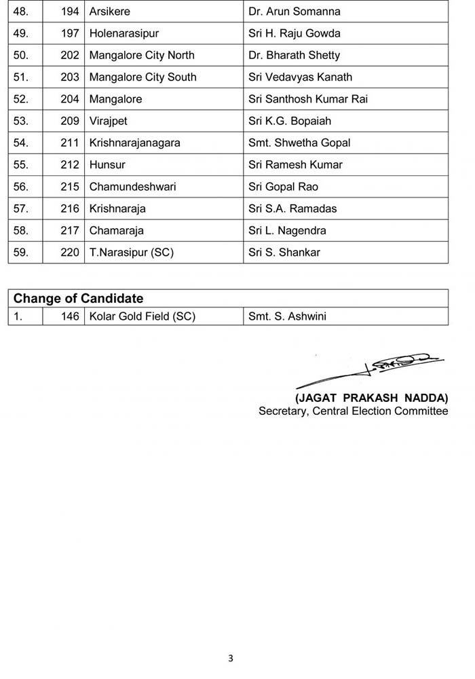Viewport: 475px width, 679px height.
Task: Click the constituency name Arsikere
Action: coord(110,12)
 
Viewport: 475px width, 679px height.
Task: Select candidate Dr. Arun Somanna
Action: coord(294,12)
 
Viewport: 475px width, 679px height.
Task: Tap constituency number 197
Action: coord(70,33)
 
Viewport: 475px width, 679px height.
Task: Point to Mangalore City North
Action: coord(142,55)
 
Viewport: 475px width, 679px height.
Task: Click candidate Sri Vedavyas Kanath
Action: coord(300,77)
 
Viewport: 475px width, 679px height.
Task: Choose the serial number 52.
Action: coord(20,99)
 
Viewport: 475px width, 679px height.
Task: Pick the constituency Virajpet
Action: coord(109,121)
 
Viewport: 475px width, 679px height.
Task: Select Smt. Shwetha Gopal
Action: coord(299,143)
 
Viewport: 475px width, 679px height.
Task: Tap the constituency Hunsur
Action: coord(107,165)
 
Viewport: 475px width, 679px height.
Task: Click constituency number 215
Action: coord(70,187)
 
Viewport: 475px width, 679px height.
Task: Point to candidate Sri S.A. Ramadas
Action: coord(292,208)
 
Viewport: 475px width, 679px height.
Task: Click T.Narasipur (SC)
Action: coord(132,253)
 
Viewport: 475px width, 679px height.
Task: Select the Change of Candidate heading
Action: coord(79,299)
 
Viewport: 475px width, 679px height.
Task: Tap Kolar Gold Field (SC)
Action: coord(142,316)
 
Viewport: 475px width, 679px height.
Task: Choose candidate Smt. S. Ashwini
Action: coord(287,316)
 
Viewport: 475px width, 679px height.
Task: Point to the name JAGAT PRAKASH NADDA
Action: coord(372,398)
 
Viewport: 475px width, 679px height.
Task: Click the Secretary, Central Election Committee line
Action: coord(353,411)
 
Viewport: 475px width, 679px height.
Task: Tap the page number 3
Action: coord(231,658)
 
